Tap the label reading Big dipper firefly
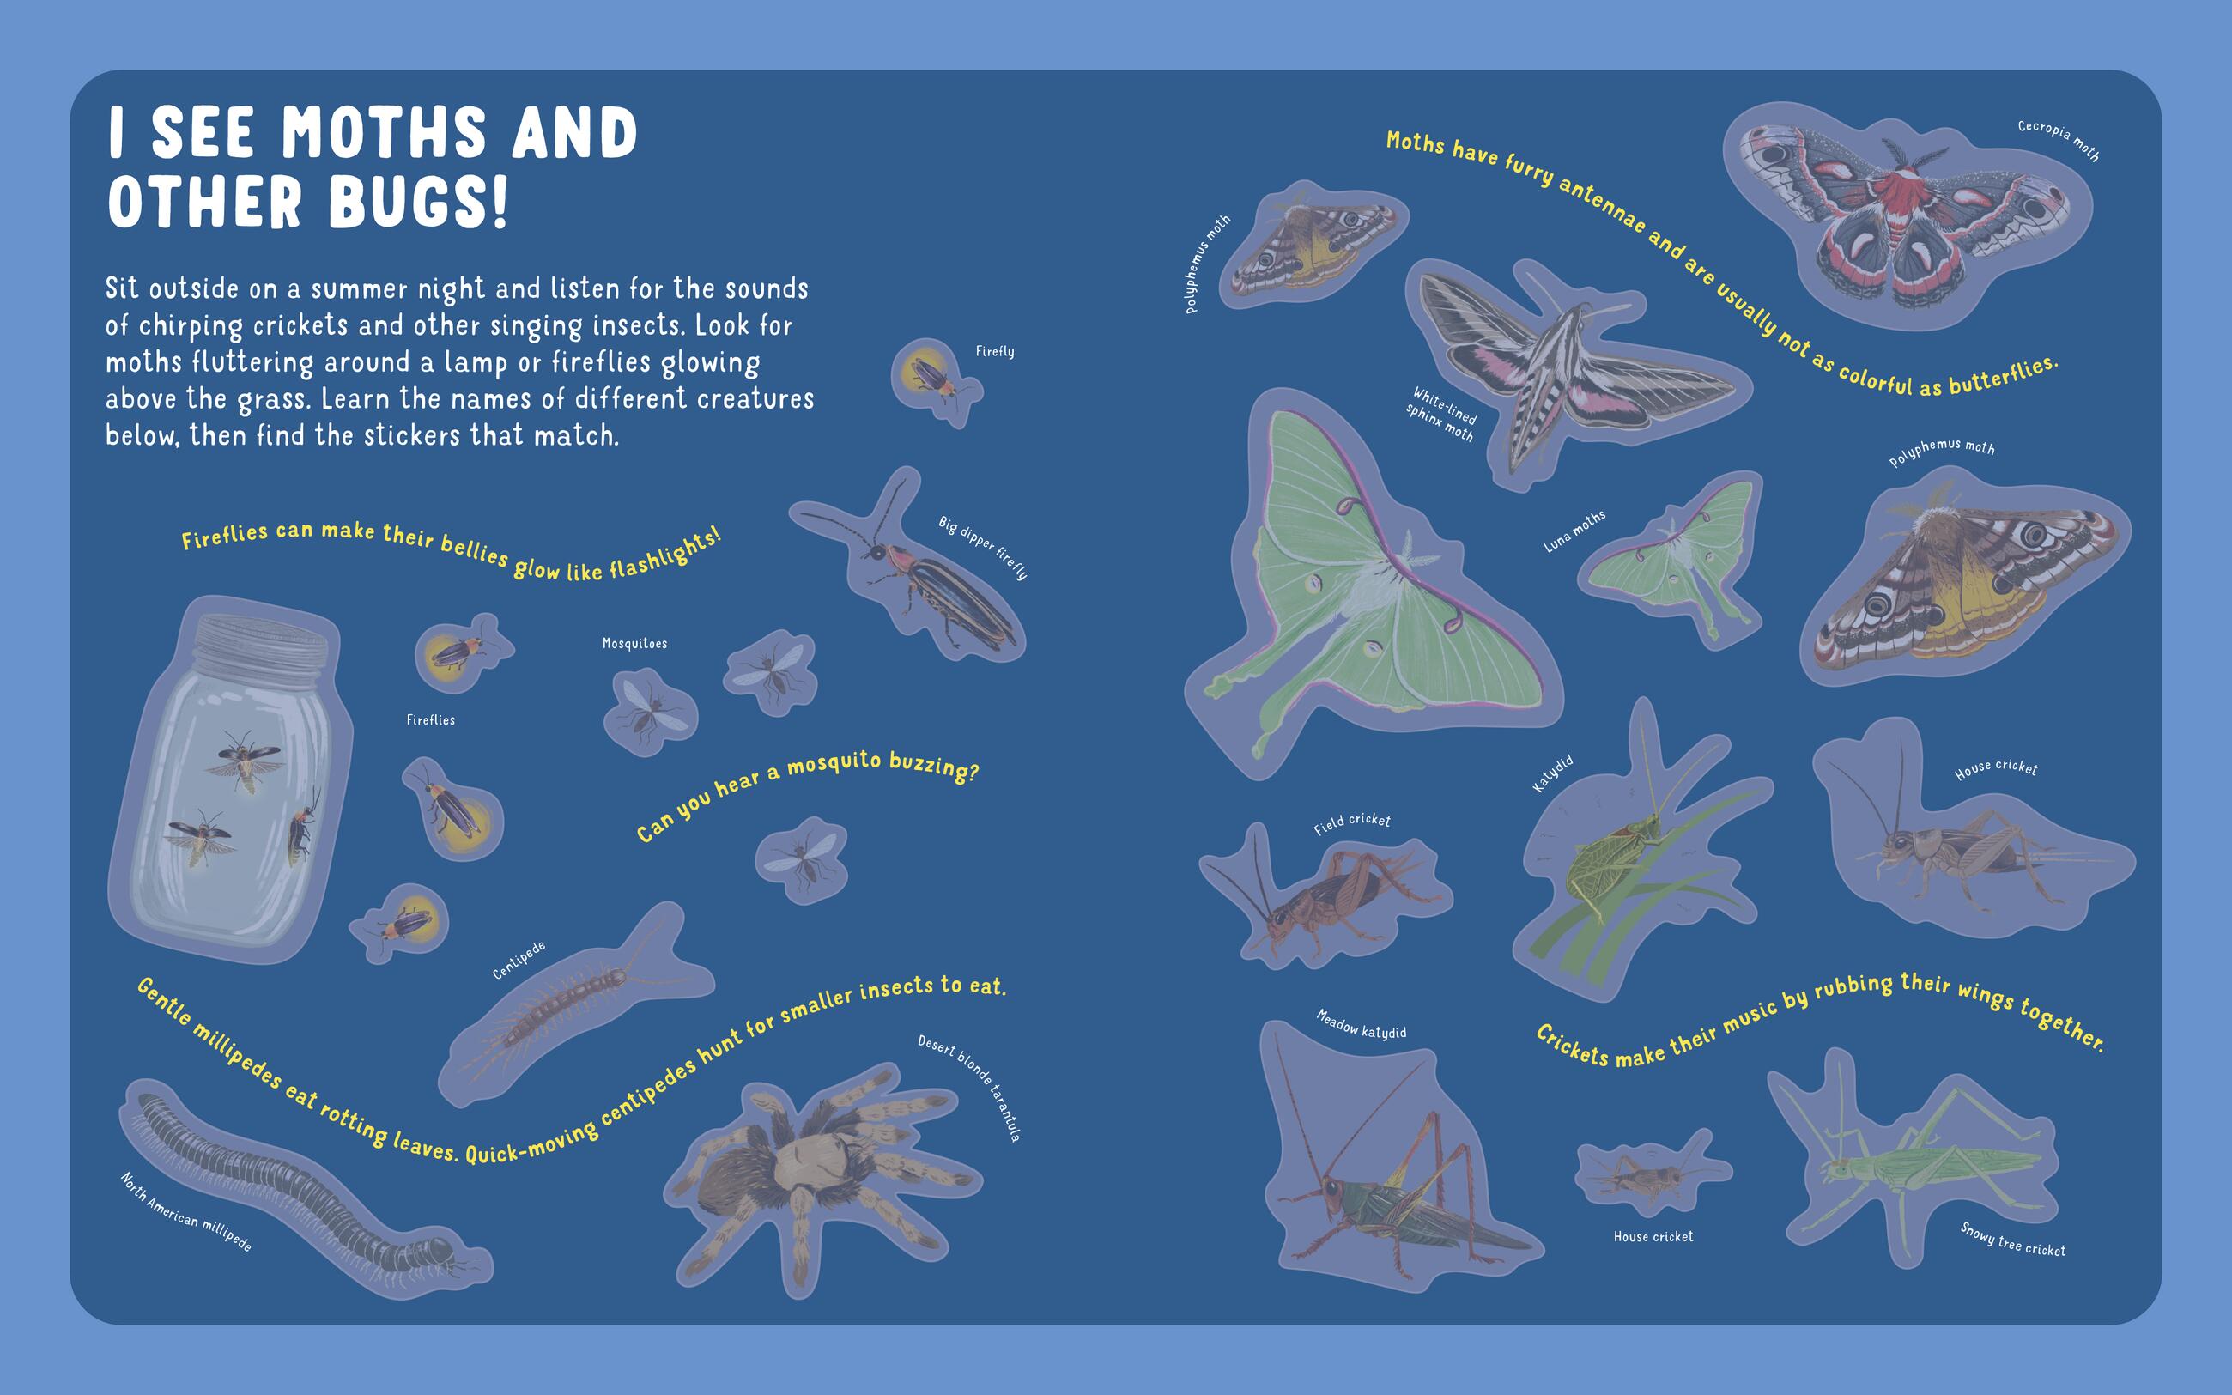[x=983, y=548]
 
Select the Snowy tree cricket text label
[x=2012, y=1239]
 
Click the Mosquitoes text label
[x=634, y=643]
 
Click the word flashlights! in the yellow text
[x=664, y=554]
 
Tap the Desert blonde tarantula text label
[x=968, y=1089]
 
